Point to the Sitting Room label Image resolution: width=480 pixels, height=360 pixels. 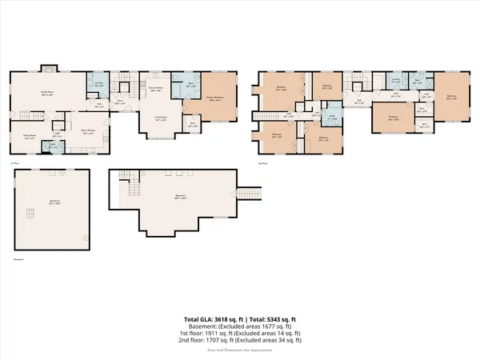(29, 137)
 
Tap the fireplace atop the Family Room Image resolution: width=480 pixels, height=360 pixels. (46, 68)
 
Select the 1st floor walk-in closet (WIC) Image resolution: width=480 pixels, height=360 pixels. (192, 124)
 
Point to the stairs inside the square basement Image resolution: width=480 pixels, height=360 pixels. (31, 213)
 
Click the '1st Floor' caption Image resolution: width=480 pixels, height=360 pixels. (14, 164)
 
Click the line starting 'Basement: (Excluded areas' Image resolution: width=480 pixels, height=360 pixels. (240, 326)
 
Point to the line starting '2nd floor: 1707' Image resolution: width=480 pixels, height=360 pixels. (240, 340)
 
